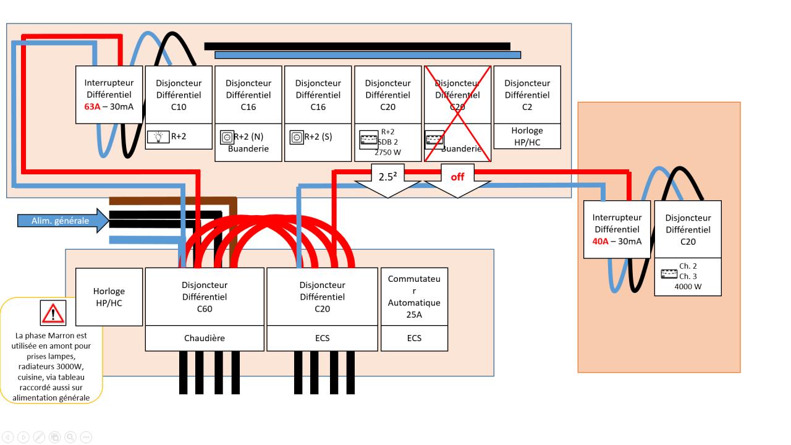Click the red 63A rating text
pyautogui.click(x=92, y=106)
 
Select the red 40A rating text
pyautogui.click(x=600, y=241)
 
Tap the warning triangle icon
pyautogui.click(x=53, y=313)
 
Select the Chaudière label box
pyautogui.click(x=205, y=338)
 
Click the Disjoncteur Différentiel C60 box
pyautogui.click(x=205, y=297)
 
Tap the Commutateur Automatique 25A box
pyautogui.click(x=414, y=297)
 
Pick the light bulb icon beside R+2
pyautogui.click(x=158, y=137)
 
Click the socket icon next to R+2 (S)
pyautogui.click(x=297, y=137)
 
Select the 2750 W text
pyautogui.click(x=388, y=152)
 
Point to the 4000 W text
pyautogui.click(x=688, y=287)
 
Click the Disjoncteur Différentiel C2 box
pyautogui.click(x=527, y=95)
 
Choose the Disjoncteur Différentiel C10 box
pyautogui.click(x=179, y=95)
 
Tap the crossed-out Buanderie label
pyautogui.click(x=461, y=149)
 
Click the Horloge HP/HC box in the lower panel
pyautogui.click(x=109, y=297)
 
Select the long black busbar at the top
pyautogui.click(x=357, y=46)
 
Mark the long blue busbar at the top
pyautogui.click(x=368, y=55)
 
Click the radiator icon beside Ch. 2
pyautogui.click(x=669, y=274)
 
